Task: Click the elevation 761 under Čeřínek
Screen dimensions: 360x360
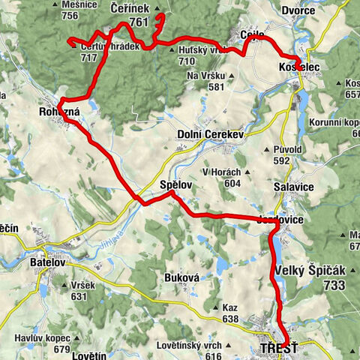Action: [139, 22]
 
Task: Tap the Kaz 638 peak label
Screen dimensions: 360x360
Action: [229, 307]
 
